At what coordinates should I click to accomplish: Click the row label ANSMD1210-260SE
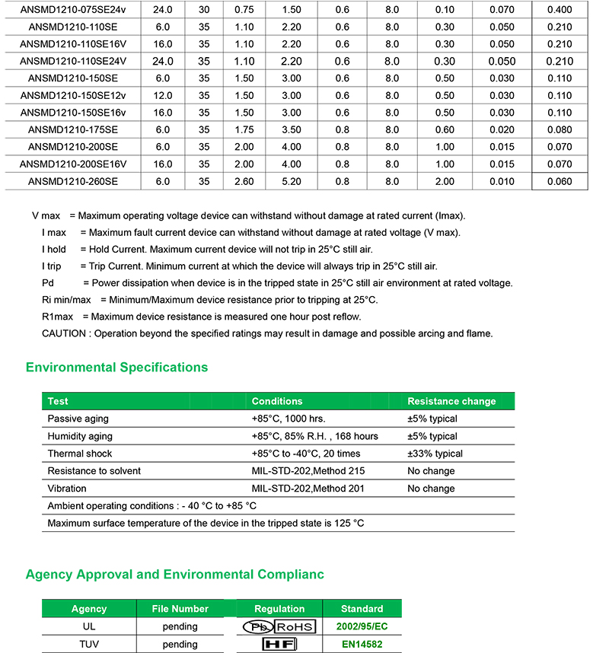(x=73, y=181)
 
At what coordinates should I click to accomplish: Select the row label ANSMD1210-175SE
(x=73, y=130)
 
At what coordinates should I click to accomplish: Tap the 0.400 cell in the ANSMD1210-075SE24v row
(x=560, y=10)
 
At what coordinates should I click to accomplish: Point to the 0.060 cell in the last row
(x=560, y=181)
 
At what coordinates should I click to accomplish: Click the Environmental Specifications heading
(x=116, y=368)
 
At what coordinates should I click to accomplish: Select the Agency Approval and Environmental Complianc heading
(x=175, y=575)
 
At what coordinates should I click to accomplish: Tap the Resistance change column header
(x=451, y=401)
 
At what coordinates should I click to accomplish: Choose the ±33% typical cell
(x=435, y=454)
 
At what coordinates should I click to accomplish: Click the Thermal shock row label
(x=80, y=454)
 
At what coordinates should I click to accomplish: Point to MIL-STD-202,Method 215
(x=308, y=471)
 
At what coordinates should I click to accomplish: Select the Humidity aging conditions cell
(x=314, y=436)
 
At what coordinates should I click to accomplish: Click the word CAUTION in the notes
(x=65, y=333)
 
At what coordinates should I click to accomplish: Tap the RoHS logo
(x=294, y=627)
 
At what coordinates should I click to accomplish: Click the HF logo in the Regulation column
(x=279, y=644)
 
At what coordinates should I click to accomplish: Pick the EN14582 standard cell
(x=362, y=644)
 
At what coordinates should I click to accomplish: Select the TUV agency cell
(x=89, y=644)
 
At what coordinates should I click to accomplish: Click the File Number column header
(x=180, y=609)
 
